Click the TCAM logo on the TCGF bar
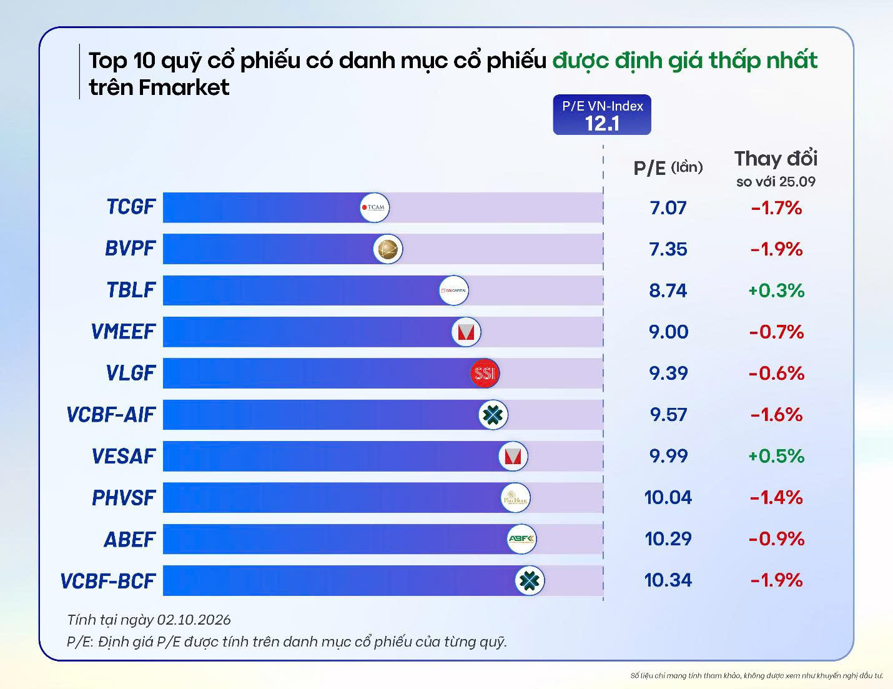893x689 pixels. click(375, 207)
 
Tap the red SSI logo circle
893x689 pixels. click(485, 373)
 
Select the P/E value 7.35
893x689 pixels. click(668, 249)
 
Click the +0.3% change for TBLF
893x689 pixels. click(776, 290)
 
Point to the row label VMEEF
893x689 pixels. click(123, 332)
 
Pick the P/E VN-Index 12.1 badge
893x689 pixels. click(602, 115)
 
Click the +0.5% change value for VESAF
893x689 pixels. click(776, 456)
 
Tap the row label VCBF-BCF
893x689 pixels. click(108, 581)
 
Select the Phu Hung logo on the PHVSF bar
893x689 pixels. click(515, 497)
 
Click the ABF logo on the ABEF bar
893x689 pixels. click(521, 539)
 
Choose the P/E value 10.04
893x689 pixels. click(668, 497)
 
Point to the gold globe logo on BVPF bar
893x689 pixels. click(388, 249)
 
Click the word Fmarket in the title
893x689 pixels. click(184, 87)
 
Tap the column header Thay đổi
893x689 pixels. click(776, 159)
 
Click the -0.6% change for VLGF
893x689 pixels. click(776, 374)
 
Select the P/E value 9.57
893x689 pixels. click(668, 414)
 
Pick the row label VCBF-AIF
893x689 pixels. click(111, 415)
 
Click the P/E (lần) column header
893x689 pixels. click(668, 168)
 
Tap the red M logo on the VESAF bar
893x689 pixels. click(513, 456)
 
